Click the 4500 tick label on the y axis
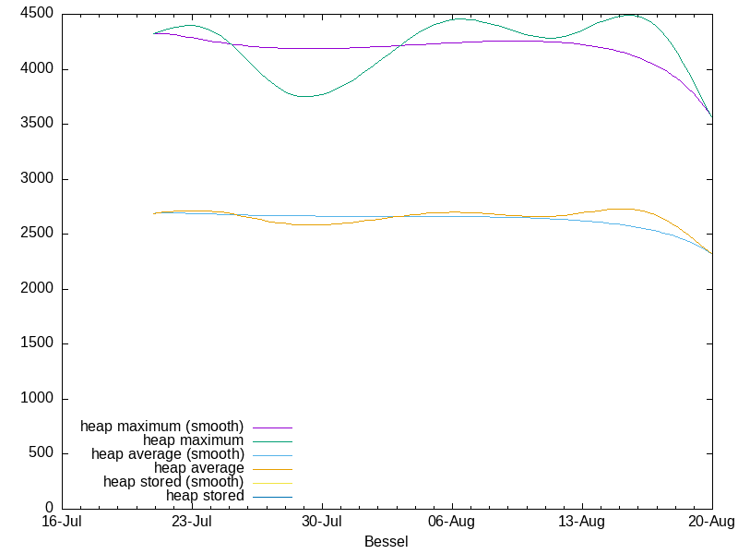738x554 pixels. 37,14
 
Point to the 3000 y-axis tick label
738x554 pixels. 37,178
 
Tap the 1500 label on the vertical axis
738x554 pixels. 37,343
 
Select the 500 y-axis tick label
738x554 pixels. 42,452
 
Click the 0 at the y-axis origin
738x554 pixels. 50,507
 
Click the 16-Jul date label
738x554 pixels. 62,522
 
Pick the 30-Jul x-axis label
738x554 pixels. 322,522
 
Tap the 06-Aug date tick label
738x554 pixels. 452,522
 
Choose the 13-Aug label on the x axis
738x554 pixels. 582,522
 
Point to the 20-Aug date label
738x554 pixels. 711,522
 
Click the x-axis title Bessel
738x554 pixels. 387,542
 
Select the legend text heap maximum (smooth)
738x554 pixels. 162,427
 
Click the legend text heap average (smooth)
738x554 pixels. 168,454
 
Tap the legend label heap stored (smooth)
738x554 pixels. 173,482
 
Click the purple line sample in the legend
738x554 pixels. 272,428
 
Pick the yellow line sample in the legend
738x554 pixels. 272,483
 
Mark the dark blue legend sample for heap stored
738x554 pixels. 272,497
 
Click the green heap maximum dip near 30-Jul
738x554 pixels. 305,97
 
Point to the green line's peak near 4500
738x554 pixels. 630,15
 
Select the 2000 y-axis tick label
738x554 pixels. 37,288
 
